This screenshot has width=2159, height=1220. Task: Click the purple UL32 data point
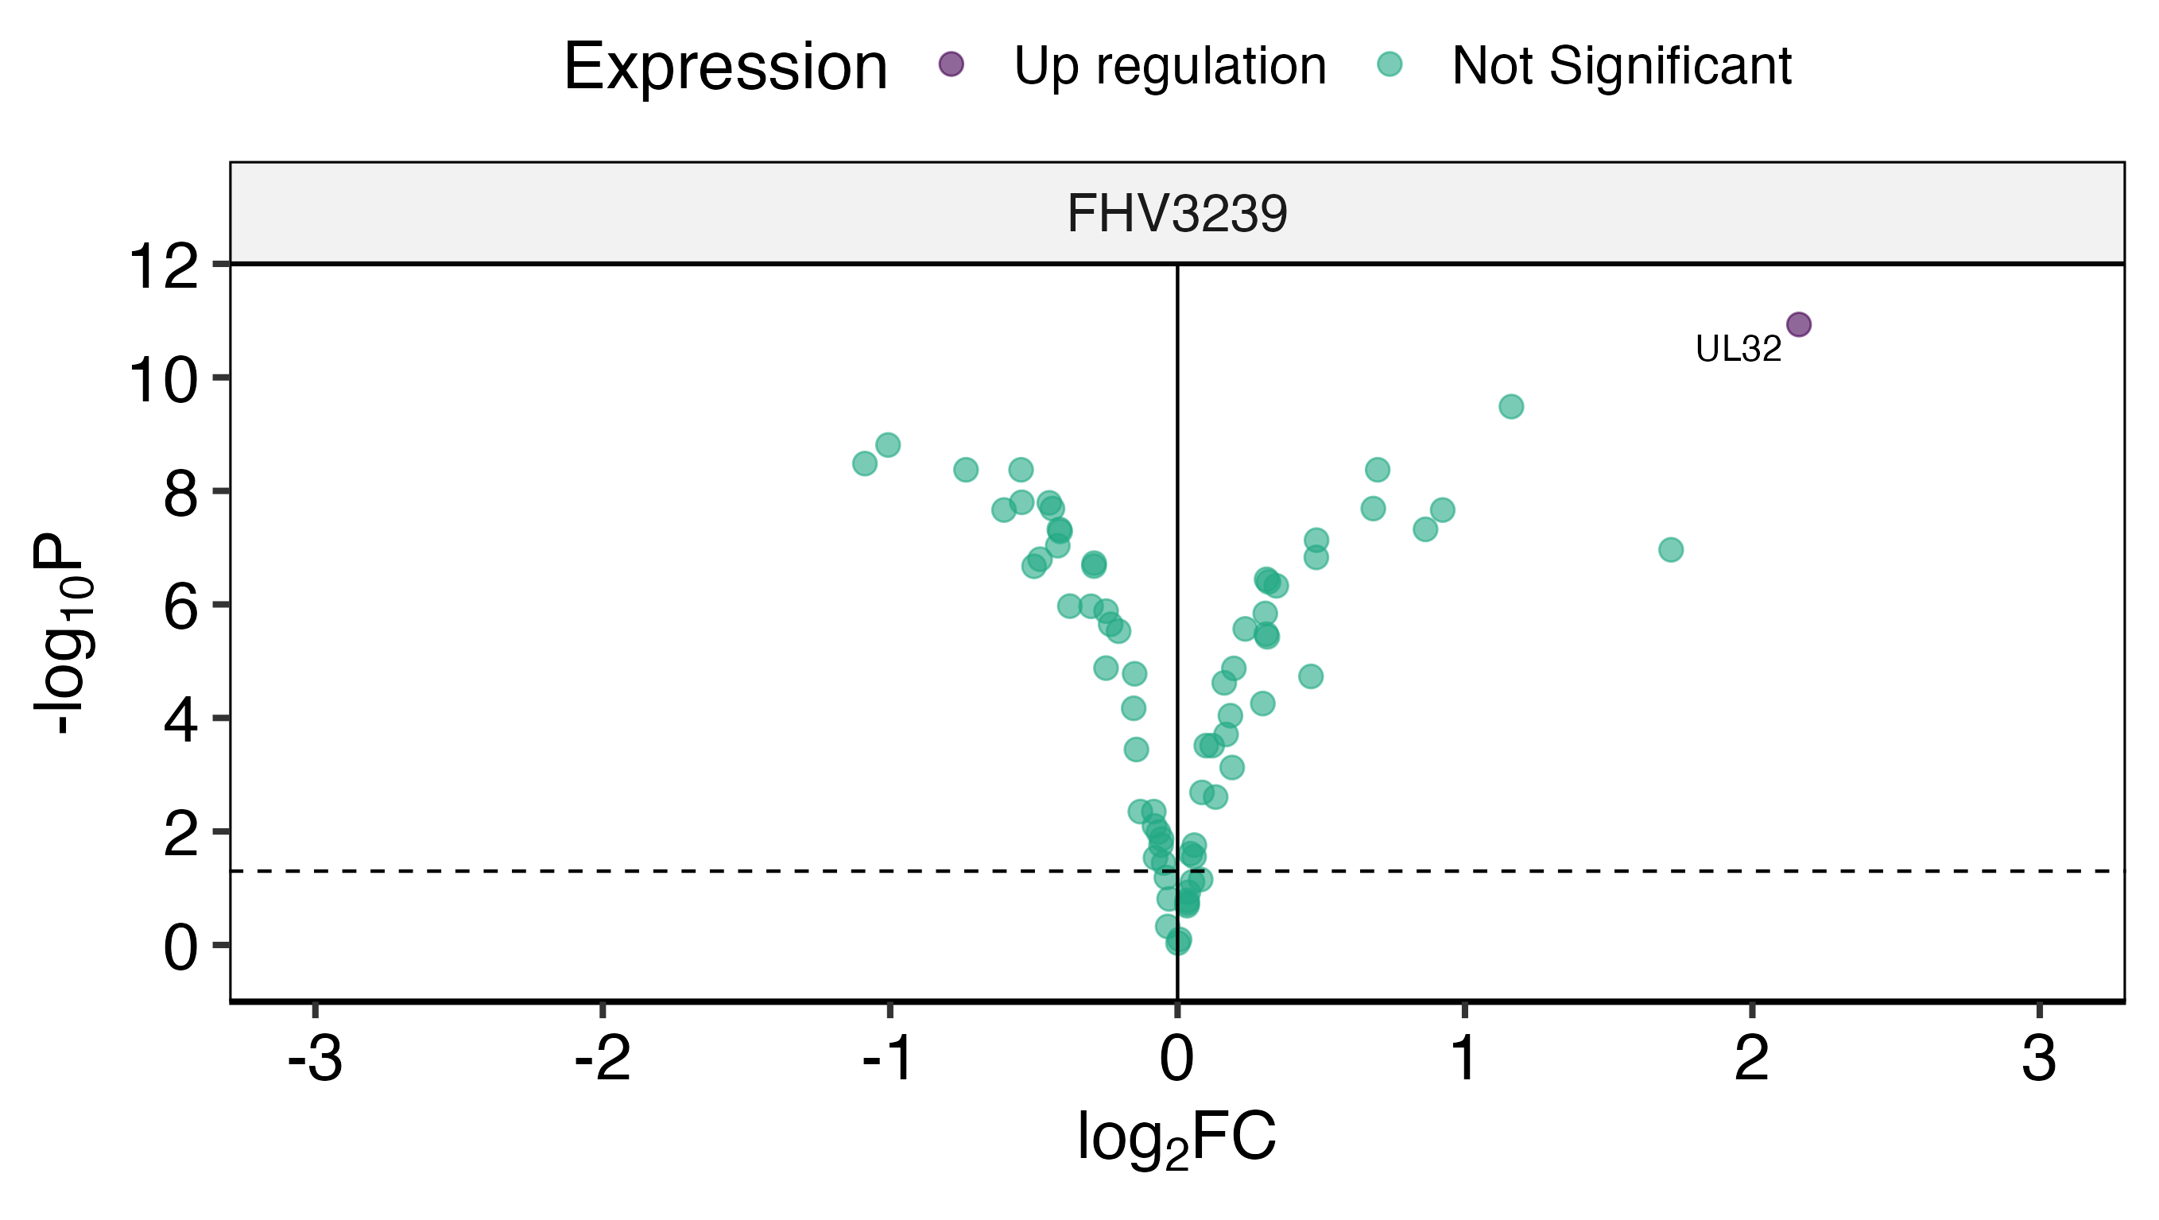(1798, 324)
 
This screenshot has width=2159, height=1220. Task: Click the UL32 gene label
(1738, 350)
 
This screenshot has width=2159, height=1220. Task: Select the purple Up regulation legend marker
(951, 64)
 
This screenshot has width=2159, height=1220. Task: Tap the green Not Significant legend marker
(1390, 64)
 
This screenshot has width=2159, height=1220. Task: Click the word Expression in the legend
(725, 67)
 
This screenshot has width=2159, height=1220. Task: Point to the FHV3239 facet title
(1176, 214)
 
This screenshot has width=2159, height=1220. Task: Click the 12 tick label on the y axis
(164, 269)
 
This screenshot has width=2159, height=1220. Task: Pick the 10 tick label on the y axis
(164, 381)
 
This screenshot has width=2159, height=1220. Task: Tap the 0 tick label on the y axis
(180, 948)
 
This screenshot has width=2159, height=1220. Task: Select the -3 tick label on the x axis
(314, 1059)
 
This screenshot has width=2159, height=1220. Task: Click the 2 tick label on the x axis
(1752, 1059)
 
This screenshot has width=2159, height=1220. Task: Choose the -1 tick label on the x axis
(889, 1059)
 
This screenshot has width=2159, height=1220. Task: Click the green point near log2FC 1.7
(1670, 550)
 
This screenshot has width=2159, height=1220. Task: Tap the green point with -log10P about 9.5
(1510, 407)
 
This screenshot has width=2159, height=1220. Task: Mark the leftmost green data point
(864, 463)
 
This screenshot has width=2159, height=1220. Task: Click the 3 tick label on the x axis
(2038, 1059)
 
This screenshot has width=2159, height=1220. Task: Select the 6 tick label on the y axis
(180, 608)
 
